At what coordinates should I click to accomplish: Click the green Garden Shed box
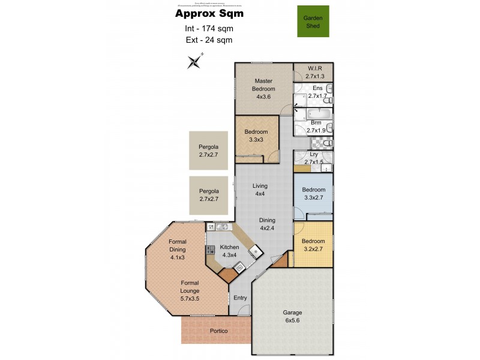pos(313,22)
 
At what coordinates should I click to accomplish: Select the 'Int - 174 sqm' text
pos(209,28)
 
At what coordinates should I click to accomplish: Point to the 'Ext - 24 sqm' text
pos(209,40)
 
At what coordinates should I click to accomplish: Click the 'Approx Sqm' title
pos(209,13)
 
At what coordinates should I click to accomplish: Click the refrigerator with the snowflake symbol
pos(254,250)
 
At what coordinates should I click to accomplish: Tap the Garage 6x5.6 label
pos(292,316)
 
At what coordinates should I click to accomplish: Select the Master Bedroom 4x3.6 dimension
pos(264,97)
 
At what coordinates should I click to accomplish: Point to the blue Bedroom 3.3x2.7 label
pos(313,193)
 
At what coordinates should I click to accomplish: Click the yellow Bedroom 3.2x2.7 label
pos(313,245)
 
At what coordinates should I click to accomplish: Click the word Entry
pos(240,298)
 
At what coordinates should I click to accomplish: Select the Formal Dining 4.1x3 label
pos(177,253)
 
